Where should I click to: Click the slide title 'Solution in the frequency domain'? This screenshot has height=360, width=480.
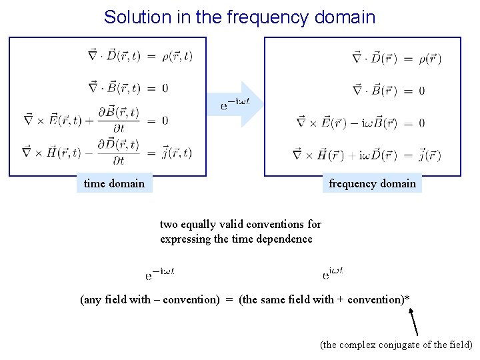[239, 17]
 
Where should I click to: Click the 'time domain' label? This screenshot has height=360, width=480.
[114, 183]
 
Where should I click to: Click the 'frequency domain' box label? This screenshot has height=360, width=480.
[372, 183]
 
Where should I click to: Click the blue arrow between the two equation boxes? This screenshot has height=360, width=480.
[241, 104]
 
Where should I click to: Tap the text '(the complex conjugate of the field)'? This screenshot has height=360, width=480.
[396, 345]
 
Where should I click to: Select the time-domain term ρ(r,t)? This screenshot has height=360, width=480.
[177, 56]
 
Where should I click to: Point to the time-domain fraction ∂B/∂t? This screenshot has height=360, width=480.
[119, 120]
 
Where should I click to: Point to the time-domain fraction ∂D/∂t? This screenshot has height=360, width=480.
[119, 152]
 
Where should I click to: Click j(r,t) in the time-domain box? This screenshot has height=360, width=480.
[177, 153]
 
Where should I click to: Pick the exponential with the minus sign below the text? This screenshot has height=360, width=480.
[160, 273]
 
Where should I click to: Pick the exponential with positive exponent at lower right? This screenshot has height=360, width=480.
[333, 273]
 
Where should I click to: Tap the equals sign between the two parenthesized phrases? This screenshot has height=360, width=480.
[229, 300]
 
